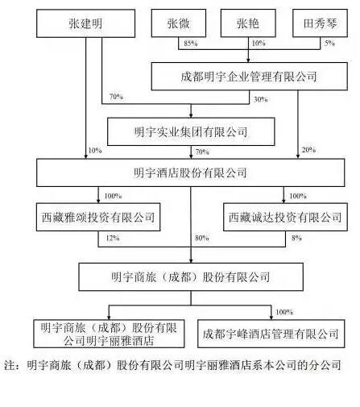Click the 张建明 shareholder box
(85, 23)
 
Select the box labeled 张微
(179, 23)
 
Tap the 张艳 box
(248, 23)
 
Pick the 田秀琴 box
(320, 23)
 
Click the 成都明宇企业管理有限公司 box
(250, 77)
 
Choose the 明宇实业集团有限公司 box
(191, 131)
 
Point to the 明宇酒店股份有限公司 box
(191, 172)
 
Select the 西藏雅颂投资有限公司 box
(98, 217)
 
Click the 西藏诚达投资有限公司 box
(285, 217)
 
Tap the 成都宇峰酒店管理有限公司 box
(271, 334)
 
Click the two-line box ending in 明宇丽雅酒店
(109, 334)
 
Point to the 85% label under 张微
(191, 44)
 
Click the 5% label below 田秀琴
(329, 43)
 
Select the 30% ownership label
(261, 99)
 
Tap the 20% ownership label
(308, 150)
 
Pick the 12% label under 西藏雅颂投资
(113, 238)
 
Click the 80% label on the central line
(202, 238)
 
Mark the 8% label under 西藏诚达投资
(296, 238)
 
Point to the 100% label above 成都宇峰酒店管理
(284, 312)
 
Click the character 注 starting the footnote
(10, 365)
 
